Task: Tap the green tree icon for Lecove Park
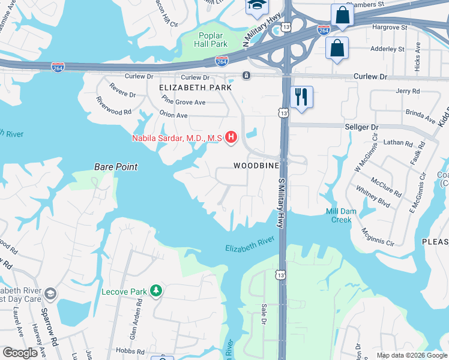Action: [156, 291]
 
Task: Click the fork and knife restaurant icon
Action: [301, 97]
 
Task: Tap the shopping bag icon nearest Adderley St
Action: [337, 47]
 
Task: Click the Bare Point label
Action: [116, 167]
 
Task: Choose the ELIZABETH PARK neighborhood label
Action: [195, 88]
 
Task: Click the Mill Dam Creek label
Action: [342, 215]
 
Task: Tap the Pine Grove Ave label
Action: [184, 103]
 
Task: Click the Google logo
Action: [20, 353]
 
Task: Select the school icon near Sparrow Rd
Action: [50, 293]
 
